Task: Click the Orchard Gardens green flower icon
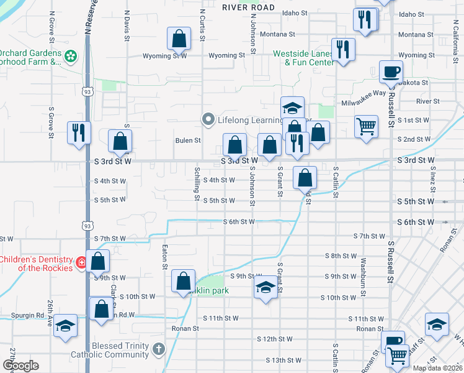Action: [71, 57]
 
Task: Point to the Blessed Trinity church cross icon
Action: [159, 349]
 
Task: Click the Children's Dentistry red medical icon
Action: [81, 264]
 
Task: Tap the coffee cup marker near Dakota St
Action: [391, 73]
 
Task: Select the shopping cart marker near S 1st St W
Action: [367, 126]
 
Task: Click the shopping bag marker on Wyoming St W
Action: [179, 39]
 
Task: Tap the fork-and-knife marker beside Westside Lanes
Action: [342, 50]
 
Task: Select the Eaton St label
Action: [166, 257]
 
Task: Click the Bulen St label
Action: [189, 140]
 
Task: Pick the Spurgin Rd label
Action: [40, 315]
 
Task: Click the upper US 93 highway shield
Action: [86, 91]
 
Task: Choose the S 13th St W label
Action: [283, 360]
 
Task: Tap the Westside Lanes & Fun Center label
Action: [303, 58]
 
